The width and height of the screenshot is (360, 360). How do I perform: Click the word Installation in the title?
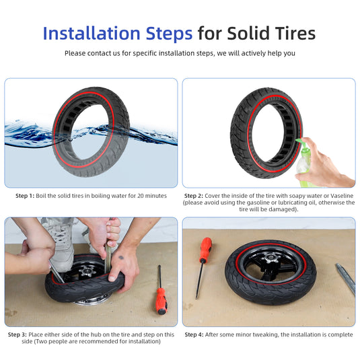(92, 34)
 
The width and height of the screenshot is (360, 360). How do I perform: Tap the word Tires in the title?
(295, 34)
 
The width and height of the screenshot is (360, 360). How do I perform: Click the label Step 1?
(25, 196)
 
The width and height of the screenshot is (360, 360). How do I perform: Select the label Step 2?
(194, 196)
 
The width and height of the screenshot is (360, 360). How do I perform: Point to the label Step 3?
(17, 334)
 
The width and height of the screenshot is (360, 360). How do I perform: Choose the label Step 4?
(194, 334)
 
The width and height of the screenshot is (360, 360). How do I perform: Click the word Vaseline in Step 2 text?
(342, 196)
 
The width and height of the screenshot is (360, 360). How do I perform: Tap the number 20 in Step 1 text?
(141, 196)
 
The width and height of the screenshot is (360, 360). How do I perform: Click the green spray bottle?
(303, 163)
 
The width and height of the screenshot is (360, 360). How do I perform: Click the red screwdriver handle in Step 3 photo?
(162, 301)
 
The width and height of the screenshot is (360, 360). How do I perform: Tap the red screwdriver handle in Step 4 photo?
(206, 250)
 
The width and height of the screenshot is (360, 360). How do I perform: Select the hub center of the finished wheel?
(271, 259)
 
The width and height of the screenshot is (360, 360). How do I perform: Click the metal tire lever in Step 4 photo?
(346, 279)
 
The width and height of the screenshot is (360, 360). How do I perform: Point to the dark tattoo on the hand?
(121, 257)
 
